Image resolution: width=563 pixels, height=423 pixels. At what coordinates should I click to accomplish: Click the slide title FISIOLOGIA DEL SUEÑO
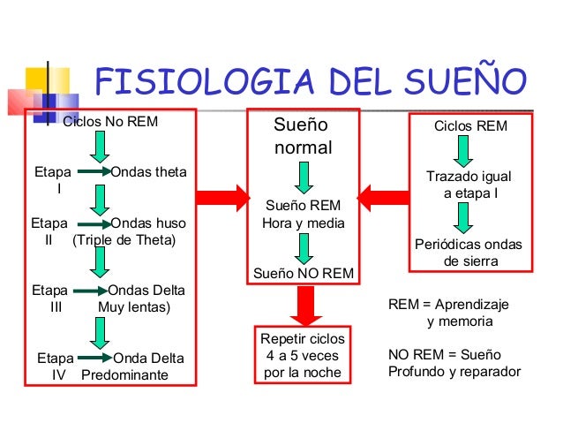click(311, 84)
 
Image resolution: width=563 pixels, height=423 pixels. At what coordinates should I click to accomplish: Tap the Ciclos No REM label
click(110, 122)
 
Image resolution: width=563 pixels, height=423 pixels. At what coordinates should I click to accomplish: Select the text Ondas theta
click(149, 171)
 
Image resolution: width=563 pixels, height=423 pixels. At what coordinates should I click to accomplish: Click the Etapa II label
click(49, 231)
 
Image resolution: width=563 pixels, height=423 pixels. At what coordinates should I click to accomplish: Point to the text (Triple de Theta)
click(124, 240)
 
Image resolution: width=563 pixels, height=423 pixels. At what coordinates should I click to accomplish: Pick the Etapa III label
click(49, 298)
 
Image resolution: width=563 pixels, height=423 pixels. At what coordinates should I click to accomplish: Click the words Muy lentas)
click(134, 307)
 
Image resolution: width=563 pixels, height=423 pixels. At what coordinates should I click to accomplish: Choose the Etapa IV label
click(56, 366)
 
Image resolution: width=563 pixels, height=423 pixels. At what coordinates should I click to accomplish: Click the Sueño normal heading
click(303, 137)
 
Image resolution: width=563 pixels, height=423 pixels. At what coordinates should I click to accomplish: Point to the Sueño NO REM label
click(303, 273)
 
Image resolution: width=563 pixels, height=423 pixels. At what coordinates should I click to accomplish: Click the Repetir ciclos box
click(303, 356)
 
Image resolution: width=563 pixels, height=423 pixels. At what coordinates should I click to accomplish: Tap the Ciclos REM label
click(470, 126)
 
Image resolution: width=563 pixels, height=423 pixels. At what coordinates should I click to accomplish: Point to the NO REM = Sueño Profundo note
click(454, 363)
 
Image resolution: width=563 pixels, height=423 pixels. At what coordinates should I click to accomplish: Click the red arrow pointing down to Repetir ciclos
click(303, 306)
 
